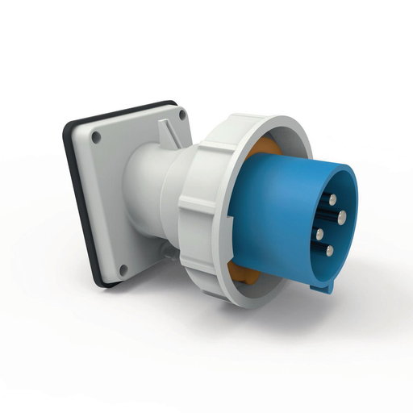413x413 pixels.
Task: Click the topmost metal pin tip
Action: [x=332, y=198]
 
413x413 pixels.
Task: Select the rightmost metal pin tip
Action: [x=342, y=216]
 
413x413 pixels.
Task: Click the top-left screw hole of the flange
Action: [x=97, y=137]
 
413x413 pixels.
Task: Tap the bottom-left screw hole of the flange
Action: [x=123, y=269]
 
